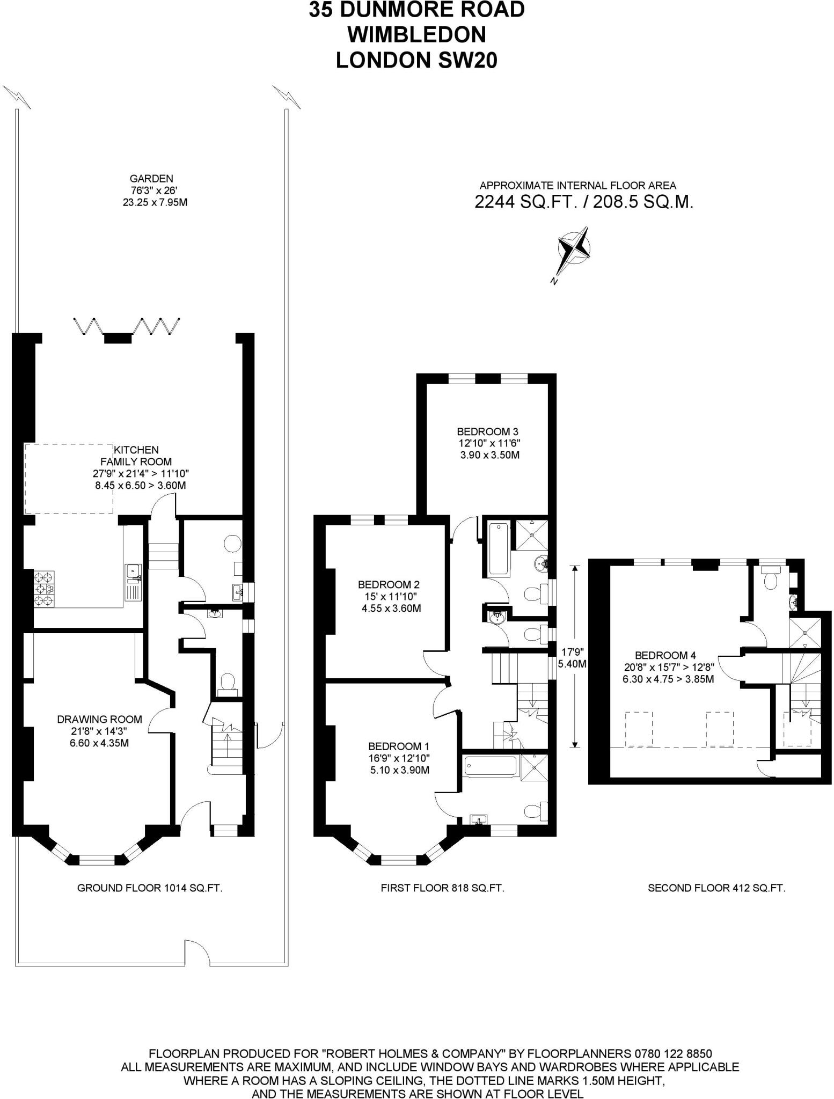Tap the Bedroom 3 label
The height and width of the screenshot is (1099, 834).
pos(488,443)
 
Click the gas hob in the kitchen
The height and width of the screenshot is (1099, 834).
pos(45,589)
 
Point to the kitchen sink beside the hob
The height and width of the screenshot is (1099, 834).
pos(132,582)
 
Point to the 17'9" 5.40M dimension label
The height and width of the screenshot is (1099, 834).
pos(572,657)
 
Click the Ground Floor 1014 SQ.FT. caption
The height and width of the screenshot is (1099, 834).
pos(150,888)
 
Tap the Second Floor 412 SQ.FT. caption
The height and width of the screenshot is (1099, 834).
pos(716,888)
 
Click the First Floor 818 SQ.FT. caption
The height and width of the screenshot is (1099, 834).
pos(442,888)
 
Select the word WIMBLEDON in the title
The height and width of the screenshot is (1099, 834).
pos(416,35)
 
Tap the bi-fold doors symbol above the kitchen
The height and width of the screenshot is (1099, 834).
pos(126,326)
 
